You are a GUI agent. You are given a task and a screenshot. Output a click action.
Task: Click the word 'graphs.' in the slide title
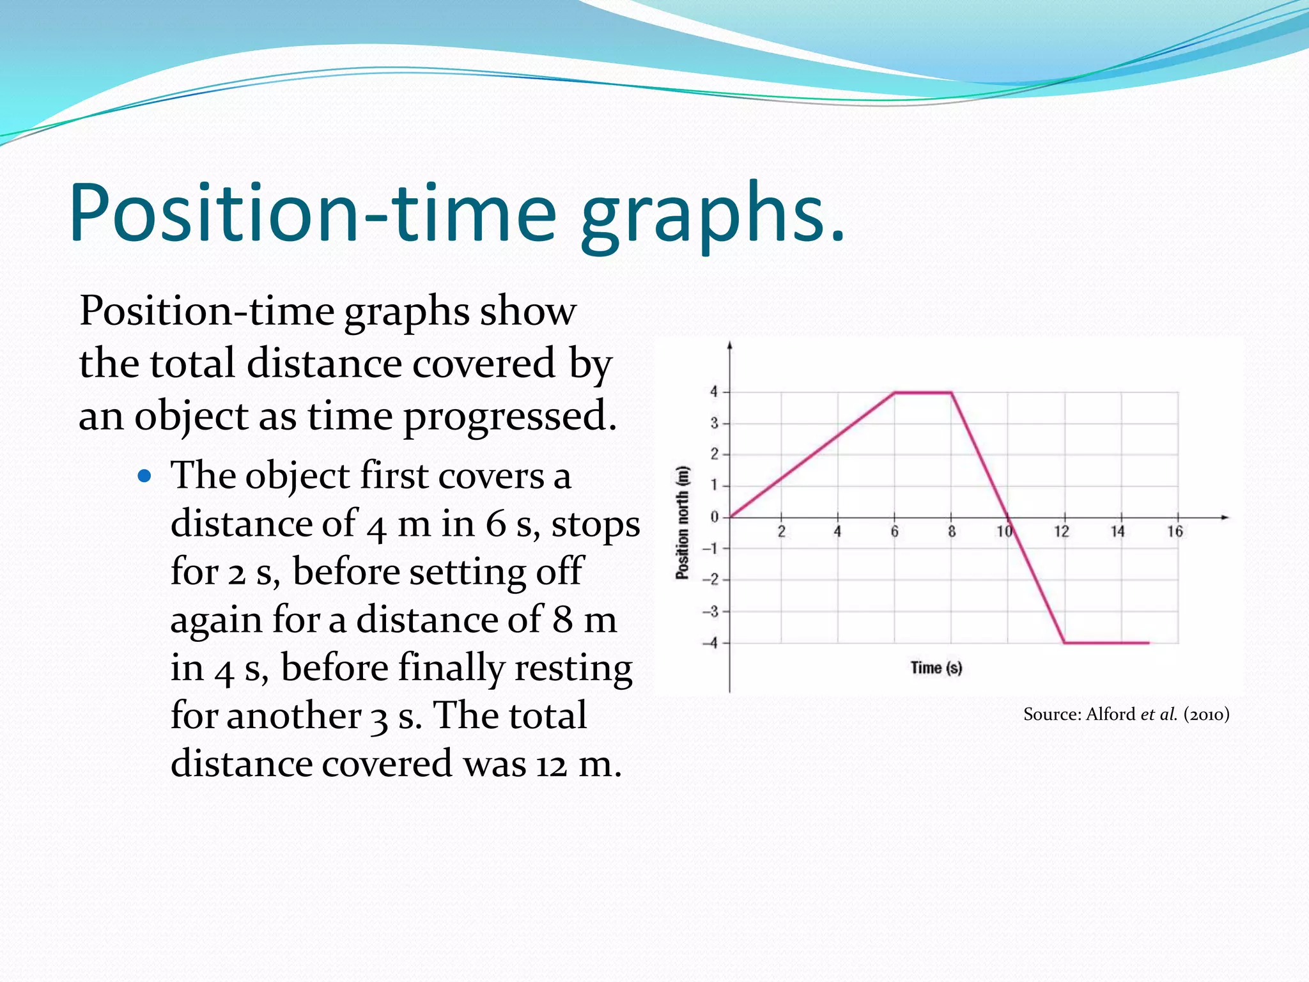[x=712, y=214]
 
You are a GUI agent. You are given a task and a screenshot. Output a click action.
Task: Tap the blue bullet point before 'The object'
[x=145, y=476]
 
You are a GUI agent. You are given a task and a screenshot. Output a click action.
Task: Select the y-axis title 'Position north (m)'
[x=683, y=523]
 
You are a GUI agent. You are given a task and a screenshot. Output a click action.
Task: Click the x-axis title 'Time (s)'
[x=936, y=668]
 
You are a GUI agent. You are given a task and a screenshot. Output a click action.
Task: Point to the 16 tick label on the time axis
[x=1175, y=531]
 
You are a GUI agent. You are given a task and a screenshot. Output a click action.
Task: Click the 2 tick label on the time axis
[x=781, y=531]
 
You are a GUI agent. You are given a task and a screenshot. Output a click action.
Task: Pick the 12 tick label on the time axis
[x=1061, y=531]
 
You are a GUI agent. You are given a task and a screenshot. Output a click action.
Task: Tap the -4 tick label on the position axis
[x=710, y=643]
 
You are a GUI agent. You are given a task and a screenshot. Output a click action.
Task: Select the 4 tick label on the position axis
[x=714, y=391]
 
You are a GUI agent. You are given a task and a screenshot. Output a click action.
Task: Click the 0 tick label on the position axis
[x=714, y=517]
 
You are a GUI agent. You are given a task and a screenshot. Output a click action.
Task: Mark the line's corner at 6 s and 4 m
[x=894, y=393]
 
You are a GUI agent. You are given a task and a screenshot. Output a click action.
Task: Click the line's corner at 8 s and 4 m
[x=951, y=393]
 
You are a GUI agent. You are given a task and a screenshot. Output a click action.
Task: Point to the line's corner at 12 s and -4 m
[x=1064, y=643]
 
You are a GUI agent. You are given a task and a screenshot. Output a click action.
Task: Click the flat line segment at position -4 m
[x=1106, y=643]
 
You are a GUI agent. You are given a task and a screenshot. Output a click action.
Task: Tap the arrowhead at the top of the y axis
[x=730, y=346]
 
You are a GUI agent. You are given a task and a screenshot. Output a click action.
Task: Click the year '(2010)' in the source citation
[x=1206, y=714]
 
